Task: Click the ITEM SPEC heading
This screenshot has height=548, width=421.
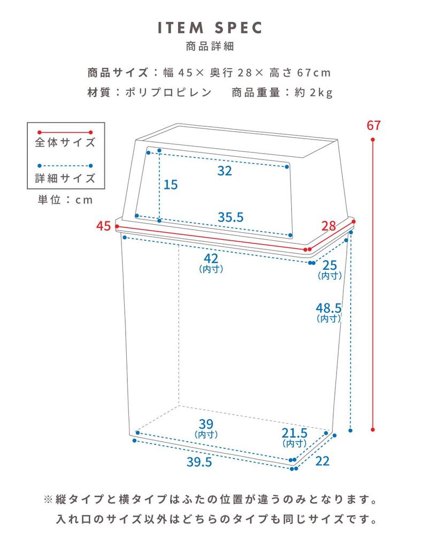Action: pyautogui.click(x=210, y=28)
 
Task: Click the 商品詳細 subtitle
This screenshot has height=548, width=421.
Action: pyautogui.click(x=210, y=46)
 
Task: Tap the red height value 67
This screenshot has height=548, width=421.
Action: pyautogui.click(x=373, y=126)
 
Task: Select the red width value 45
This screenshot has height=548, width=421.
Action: pyautogui.click(x=103, y=226)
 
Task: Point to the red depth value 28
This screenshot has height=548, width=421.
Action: pyautogui.click(x=328, y=226)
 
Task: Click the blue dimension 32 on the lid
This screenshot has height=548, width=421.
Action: pyautogui.click(x=225, y=171)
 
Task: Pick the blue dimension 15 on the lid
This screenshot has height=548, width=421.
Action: pyautogui.click(x=171, y=185)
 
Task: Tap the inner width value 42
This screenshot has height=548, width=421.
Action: pyautogui.click(x=210, y=258)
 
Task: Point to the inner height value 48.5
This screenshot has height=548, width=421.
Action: pyautogui.click(x=328, y=308)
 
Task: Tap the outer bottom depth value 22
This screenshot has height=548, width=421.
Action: pyautogui.click(x=322, y=460)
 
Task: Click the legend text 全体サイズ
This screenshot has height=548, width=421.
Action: pyautogui.click(x=65, y=142)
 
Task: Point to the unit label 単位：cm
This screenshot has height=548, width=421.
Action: pyautogui.click(x=65, y=200)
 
